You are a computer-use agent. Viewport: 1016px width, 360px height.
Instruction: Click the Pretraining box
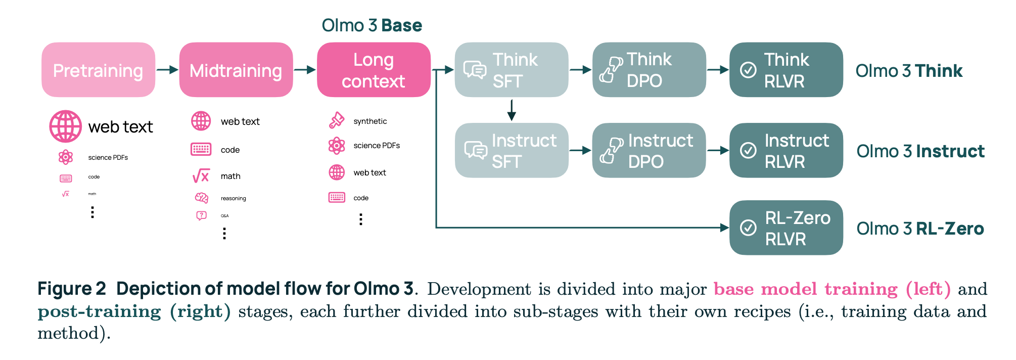click(x=98, y=70)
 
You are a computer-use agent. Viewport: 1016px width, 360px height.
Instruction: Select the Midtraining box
click(x=236, y=70)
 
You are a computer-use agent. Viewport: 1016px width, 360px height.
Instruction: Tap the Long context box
click(x=373, y=70)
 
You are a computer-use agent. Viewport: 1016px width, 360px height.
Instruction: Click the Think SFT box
click(x=511, y=70)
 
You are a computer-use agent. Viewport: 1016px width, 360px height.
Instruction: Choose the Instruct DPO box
click(x=649, y=151)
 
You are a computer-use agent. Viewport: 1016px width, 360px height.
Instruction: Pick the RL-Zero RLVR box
click(x=786, y=228)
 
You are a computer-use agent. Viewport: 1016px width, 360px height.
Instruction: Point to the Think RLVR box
click(x=786, y=70)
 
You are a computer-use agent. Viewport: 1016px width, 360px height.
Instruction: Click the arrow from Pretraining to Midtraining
click(x=167, y=70)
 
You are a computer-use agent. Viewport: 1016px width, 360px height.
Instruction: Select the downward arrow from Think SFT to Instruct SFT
click(x=512, y=110)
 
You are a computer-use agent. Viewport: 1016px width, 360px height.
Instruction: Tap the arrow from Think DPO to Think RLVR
click(x=717, y=70)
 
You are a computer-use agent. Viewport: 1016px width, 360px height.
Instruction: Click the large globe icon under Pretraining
click(x=65, y=126)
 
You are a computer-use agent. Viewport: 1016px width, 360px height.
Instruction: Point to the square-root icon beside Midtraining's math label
click(x=201, y=176)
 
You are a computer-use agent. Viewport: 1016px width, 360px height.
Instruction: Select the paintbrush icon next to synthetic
click(x=337, y=120)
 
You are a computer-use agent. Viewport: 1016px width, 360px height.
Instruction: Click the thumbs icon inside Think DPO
click(x=610, y=70)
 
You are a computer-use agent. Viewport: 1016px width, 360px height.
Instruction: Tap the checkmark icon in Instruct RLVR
click(x=748, y=150)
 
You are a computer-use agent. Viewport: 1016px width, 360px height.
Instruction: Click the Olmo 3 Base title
click(x=372, y=25)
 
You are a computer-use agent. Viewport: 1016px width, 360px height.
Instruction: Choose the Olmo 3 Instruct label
click(x=920, y=151)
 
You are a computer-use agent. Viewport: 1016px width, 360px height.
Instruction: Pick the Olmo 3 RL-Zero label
click(x=920, y=229)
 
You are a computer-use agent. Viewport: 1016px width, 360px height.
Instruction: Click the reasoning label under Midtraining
click(x=233, y=199)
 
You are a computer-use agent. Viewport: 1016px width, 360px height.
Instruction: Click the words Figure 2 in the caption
click(x=71, y=289)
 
